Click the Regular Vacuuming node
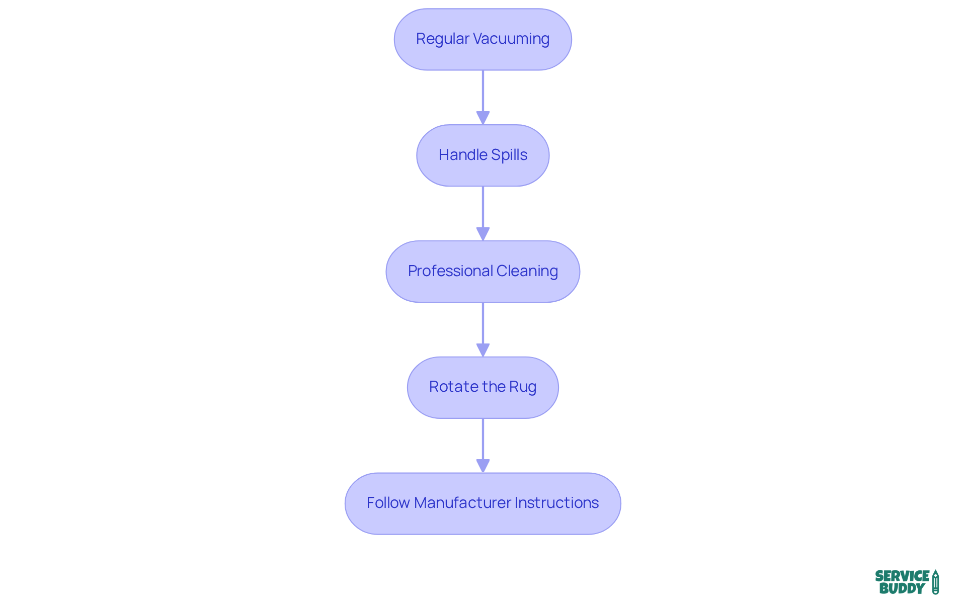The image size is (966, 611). pos(482,39)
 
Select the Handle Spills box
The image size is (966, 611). pos(482,155)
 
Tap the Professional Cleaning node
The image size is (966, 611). pos(482,272)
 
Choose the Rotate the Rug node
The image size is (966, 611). pos(482,387)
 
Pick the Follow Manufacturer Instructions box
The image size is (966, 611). pos(482,503)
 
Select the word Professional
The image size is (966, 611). pos(450,271)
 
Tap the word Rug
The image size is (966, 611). pos(523,387)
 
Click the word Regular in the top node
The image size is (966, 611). pos(442,39)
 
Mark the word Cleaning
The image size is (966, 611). pos(527,271)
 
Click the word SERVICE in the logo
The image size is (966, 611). pos(902,576)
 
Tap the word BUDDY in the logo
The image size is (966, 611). pos(902,588)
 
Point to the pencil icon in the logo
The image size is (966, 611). pos(935,582)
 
